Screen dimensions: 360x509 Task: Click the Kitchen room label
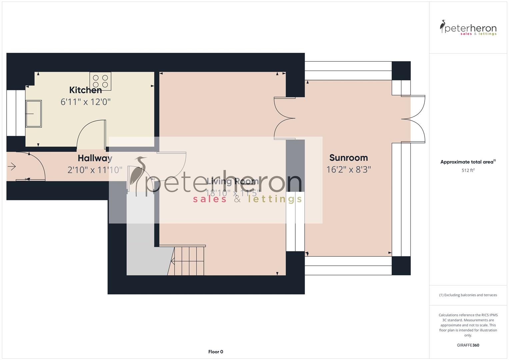[x=85, y=90]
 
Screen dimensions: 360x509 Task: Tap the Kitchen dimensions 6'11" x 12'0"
[x=85, y=102]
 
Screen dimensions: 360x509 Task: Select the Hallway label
[x=95, y=158]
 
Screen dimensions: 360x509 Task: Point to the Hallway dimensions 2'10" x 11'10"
[x=95, y=170]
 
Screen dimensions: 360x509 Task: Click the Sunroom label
[x=348, y=158]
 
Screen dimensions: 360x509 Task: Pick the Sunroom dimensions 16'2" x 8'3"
[x=348, y=170]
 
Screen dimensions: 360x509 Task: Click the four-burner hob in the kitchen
[x=100, y=81]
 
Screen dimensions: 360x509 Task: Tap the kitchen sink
[x=34, y=114]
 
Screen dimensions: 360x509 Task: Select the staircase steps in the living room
[x=189, y=261]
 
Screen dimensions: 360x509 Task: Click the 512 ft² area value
[x=468, y=170]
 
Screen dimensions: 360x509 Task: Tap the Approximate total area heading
[x=468, y=162]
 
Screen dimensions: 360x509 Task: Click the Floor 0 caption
[x=216, y=352]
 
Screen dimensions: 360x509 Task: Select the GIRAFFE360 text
[x=468, y=345]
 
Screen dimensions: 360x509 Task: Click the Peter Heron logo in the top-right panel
[x=468, y=28]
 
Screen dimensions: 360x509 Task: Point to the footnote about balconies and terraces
[x=468, y=295]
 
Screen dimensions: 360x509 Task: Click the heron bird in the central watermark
[x=138, y=173]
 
